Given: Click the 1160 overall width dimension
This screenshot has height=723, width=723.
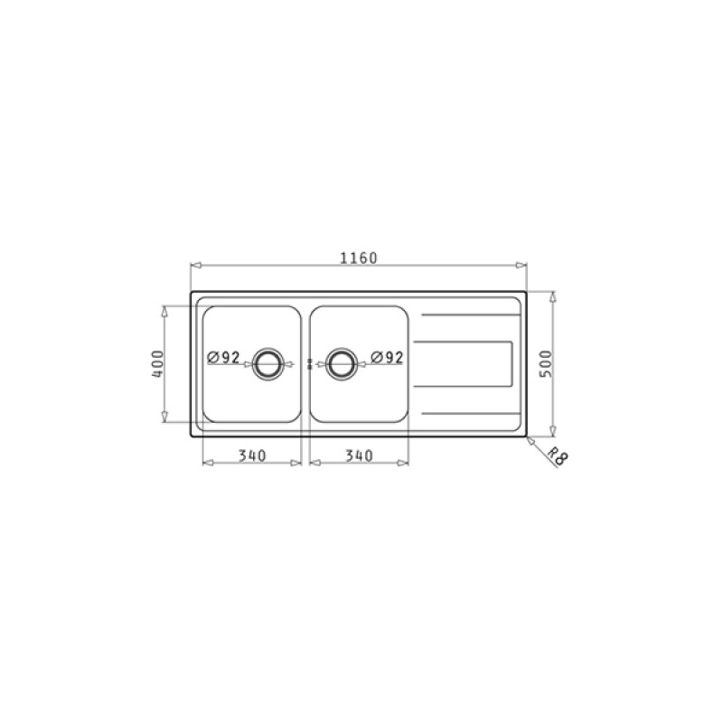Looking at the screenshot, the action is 359,258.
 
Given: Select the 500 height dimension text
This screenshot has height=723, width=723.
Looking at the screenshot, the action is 546,364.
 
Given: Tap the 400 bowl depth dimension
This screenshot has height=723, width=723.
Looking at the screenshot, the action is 157,364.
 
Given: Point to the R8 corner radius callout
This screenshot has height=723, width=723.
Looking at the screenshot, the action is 557,457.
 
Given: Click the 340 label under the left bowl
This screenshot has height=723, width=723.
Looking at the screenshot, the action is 252,455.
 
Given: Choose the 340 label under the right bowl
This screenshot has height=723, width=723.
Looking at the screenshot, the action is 359,455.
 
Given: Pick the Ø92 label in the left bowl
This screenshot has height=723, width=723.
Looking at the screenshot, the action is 223,357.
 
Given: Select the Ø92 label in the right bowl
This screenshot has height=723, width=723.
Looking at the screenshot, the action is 388,357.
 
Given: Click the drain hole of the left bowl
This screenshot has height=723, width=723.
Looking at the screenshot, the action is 267,364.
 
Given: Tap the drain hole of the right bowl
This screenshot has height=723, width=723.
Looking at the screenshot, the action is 342,364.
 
